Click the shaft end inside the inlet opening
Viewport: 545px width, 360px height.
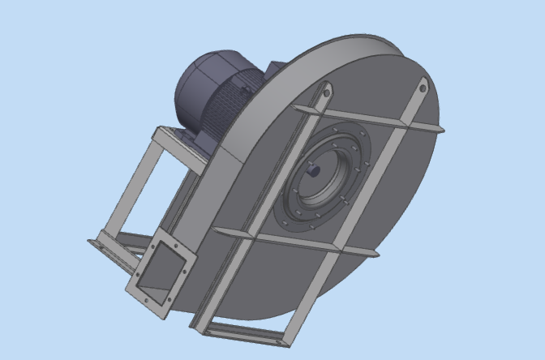pos(315,171)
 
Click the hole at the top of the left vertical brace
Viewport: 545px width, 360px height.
pos(328,92)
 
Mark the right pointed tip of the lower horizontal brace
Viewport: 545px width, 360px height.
pos(377,254)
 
